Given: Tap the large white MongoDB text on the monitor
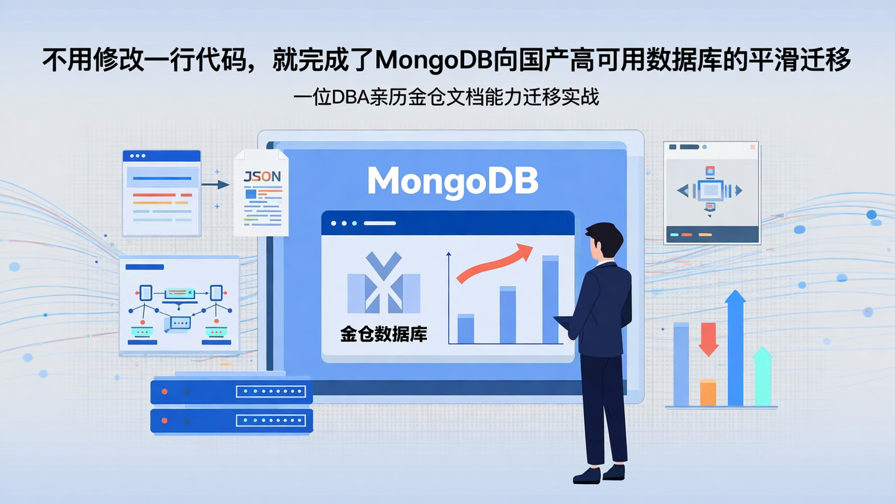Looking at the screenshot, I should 452,180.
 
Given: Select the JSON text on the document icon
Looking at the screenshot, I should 262,177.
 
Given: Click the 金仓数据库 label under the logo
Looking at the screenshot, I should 383,334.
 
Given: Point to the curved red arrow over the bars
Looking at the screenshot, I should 494,264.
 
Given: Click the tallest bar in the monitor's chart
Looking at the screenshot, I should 551,300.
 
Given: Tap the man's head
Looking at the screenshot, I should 604,240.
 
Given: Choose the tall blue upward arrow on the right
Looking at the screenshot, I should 735,348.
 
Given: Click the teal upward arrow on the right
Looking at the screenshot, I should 763,376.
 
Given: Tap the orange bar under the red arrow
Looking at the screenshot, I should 708,392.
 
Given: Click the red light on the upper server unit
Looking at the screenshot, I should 165,391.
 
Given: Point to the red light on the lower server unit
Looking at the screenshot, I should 165,421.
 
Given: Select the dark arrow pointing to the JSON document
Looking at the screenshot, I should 215,184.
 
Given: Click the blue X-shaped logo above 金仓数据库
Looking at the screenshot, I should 383,283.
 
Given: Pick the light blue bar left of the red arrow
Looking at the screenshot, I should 681,364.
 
